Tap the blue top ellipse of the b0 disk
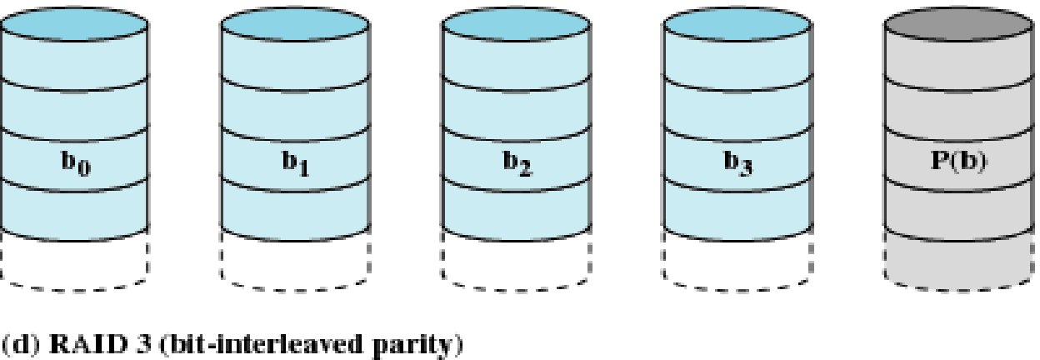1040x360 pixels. pos(74,31)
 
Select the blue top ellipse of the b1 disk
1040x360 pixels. pos(295,31)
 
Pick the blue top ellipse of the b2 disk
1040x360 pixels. pos(516,31)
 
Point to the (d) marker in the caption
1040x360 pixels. pos(18,342)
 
